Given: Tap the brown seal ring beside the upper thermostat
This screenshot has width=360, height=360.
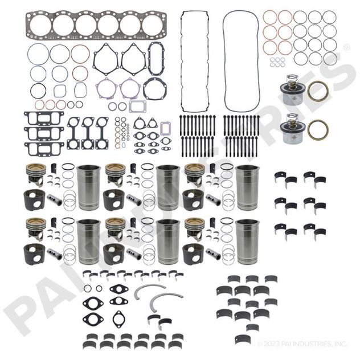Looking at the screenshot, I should pos(317,91).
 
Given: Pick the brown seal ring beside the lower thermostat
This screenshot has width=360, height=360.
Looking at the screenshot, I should pos(317,130).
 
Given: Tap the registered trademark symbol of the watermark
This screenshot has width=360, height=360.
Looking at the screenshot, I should pos(346,47).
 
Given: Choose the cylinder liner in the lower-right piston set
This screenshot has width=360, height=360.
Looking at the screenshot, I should pos(247,242).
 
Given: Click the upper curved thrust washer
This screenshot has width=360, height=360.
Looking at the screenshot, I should pos(149,291).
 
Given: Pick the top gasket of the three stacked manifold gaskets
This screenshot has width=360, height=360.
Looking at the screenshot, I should pos(42,118).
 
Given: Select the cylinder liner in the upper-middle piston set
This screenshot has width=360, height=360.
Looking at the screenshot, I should pos(167,187).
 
